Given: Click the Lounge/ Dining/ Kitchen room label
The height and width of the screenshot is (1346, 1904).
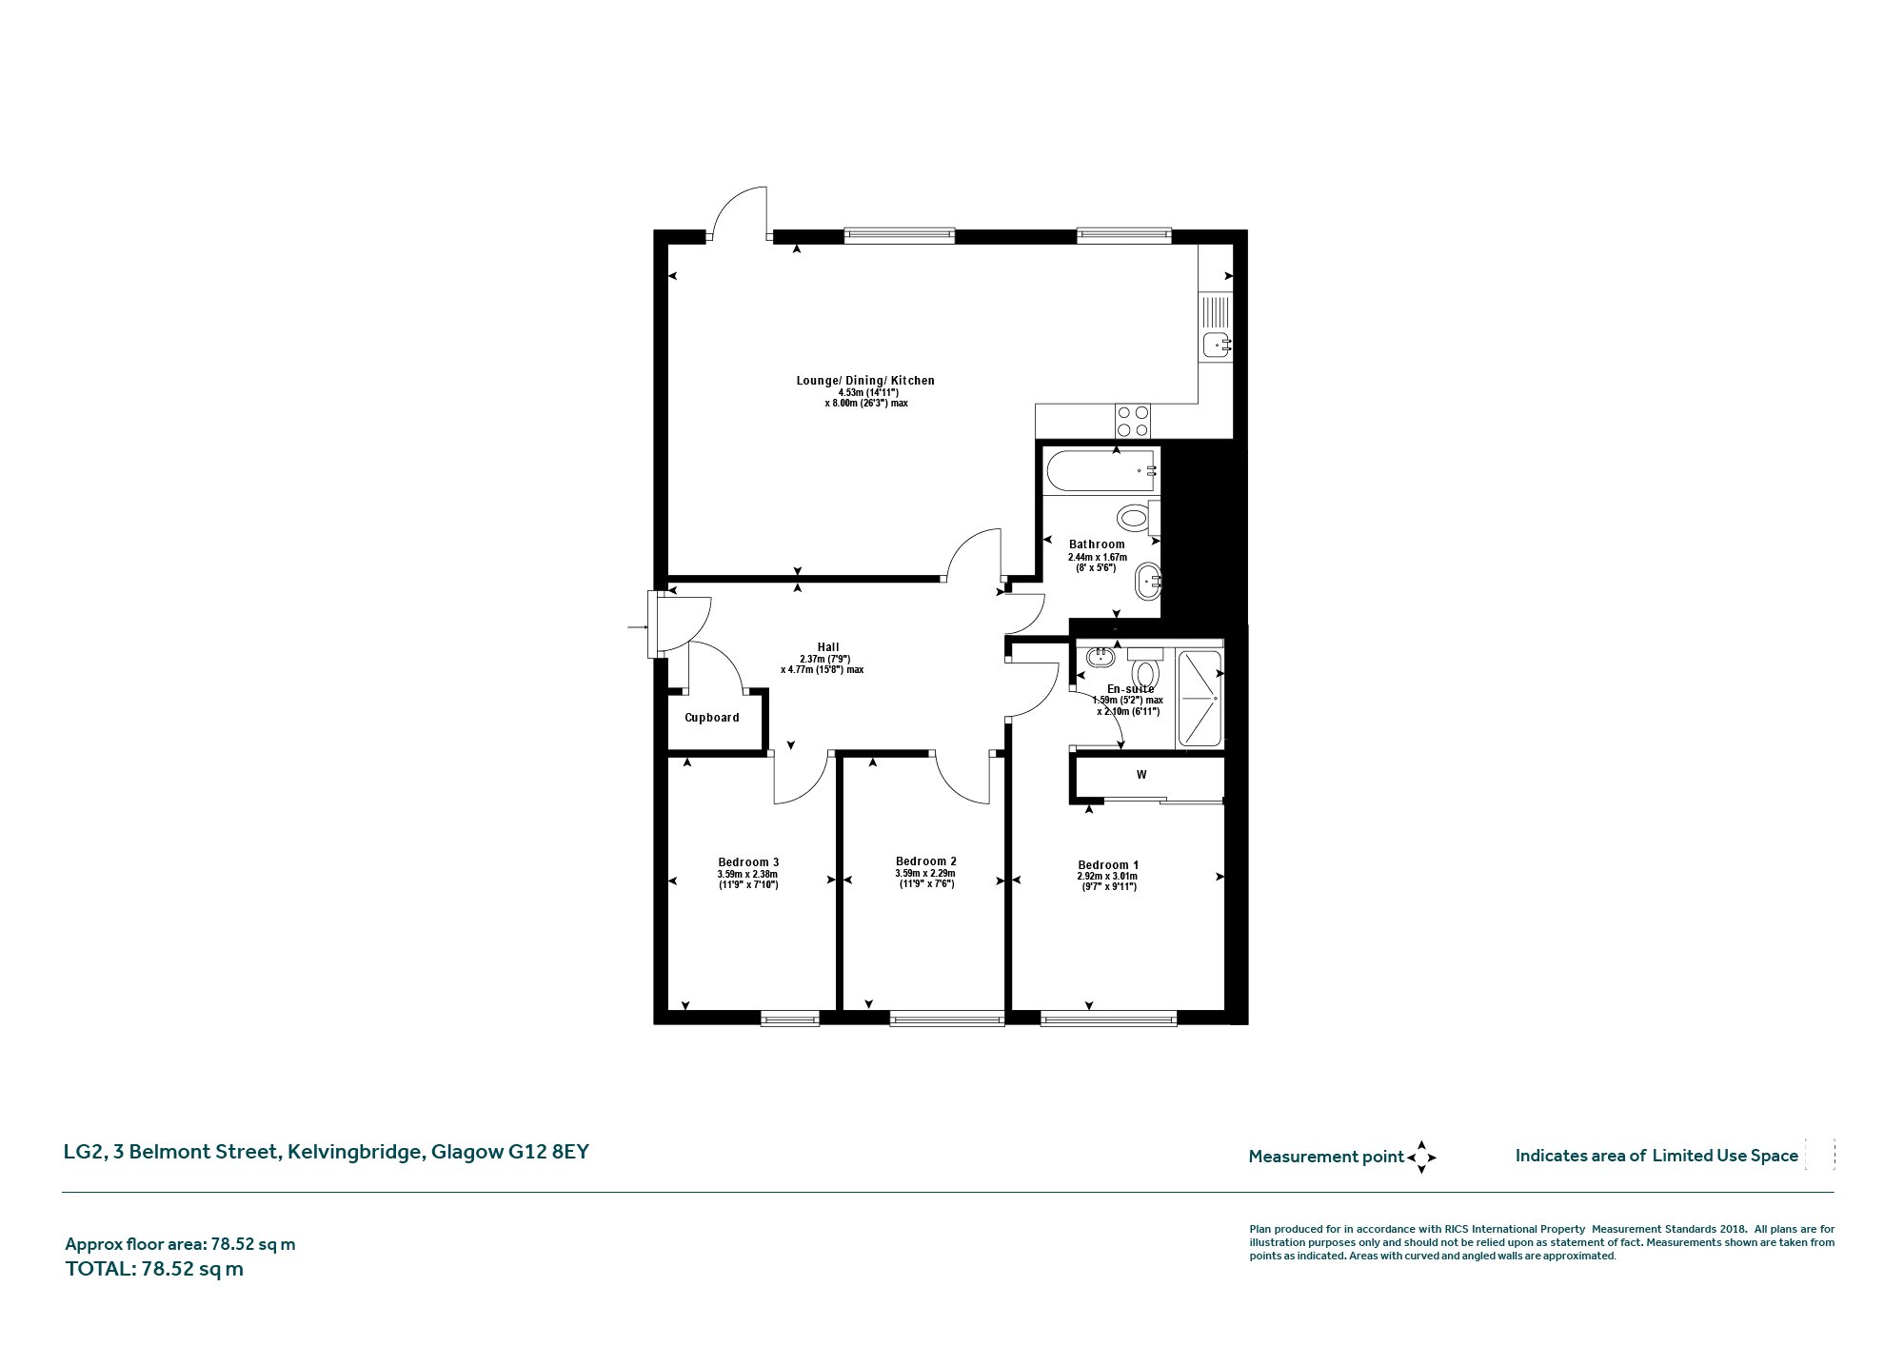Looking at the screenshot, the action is coord(865,381).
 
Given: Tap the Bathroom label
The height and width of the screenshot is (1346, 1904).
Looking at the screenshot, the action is coord(1097,544).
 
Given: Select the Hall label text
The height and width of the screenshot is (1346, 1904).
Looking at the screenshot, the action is coord(828,647).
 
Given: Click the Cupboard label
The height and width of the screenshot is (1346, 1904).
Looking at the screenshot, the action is coord(712,718).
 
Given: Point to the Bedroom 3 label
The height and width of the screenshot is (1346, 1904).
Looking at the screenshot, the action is coord(748,862).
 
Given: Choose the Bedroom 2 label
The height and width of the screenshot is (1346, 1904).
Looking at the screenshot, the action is coord(926,861).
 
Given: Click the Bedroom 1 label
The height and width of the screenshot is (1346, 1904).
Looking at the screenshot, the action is coord(1108,865).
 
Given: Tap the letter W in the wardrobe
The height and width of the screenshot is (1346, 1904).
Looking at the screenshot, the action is coord(1141,775).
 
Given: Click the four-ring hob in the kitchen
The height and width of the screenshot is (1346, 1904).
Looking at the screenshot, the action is coord(1133,422).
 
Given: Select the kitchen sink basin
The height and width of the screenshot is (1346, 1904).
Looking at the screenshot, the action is coord(1215,345).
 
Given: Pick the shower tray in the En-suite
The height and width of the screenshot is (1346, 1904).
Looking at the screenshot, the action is coord(1200,698).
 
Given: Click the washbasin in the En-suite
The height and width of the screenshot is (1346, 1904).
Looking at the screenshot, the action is coord(1101,656).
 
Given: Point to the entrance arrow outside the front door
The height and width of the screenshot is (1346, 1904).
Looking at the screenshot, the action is coord(637,627).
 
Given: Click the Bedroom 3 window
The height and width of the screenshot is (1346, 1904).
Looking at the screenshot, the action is coord(790,1019).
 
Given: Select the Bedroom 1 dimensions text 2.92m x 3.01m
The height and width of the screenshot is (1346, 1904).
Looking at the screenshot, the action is coord(1107,877).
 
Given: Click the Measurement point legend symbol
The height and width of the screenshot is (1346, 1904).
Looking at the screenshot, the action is coord(1421,1158).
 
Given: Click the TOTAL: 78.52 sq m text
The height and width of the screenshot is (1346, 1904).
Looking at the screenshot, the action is coord(154,1269).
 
